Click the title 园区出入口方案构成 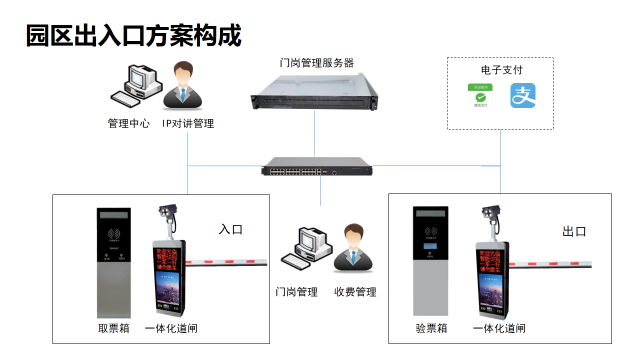point(133,36)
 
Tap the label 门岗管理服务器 point(316,63)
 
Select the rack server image point(315,91)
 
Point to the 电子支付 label point(501,70)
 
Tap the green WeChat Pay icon point(482,96)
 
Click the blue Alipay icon point(524,96)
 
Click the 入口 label point(231,229)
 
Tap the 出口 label point(574,231)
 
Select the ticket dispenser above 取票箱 point(113,262)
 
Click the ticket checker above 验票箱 point(433,262)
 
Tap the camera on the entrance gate point(168,212)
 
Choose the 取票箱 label point(113,329)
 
